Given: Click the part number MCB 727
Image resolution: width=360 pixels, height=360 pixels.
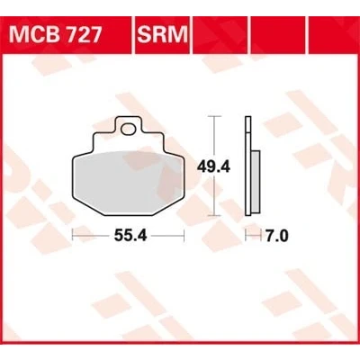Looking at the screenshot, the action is coord(56,34).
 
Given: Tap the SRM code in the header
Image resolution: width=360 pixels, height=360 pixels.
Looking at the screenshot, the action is coord(162,34).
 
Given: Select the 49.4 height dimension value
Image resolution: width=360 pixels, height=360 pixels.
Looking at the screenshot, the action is coord(213,166).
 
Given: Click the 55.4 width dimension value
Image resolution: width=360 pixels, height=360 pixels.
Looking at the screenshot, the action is coord(130,236).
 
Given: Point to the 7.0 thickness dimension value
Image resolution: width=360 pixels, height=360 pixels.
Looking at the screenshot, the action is coord(276,236).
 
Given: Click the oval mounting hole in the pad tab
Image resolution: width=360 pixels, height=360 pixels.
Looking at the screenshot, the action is coord(129,129).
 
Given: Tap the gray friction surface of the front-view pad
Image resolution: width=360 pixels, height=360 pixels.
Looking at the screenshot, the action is coord(128,183).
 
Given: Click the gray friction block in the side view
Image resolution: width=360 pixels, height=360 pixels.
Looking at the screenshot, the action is coord(256,181).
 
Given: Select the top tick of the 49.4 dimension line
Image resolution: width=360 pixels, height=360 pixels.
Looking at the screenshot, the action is coord(213,116).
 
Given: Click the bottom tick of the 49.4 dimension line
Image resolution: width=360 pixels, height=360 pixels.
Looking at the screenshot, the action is coord(213,215).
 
